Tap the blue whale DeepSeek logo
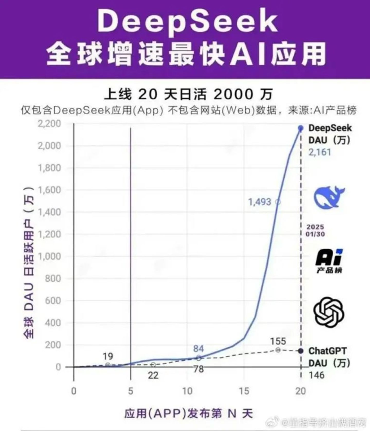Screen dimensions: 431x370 coord(329,197)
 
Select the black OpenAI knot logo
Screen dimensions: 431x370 coord(329,312)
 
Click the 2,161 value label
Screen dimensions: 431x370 coord(320,152)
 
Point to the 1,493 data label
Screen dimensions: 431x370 coord(260,202)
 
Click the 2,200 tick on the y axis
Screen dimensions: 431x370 coord(49,124)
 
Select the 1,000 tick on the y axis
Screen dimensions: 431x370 coord(49,256)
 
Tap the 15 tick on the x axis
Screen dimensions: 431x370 coord(244,391)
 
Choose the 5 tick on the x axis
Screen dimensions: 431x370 coord(131,391)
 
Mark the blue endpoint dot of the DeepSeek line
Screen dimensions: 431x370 coord(301,128)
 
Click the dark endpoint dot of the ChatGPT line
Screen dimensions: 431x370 coord(301,351)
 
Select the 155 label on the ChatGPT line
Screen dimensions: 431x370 coord(278,341)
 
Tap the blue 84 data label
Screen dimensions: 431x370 coord(198,349)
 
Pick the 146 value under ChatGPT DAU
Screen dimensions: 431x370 coord(317,375)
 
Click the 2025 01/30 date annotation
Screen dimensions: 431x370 coord(315,231)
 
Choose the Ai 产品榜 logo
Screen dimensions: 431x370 coord(329,261)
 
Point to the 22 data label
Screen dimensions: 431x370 coord(153,376)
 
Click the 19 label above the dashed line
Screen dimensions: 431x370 coord(108,357)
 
